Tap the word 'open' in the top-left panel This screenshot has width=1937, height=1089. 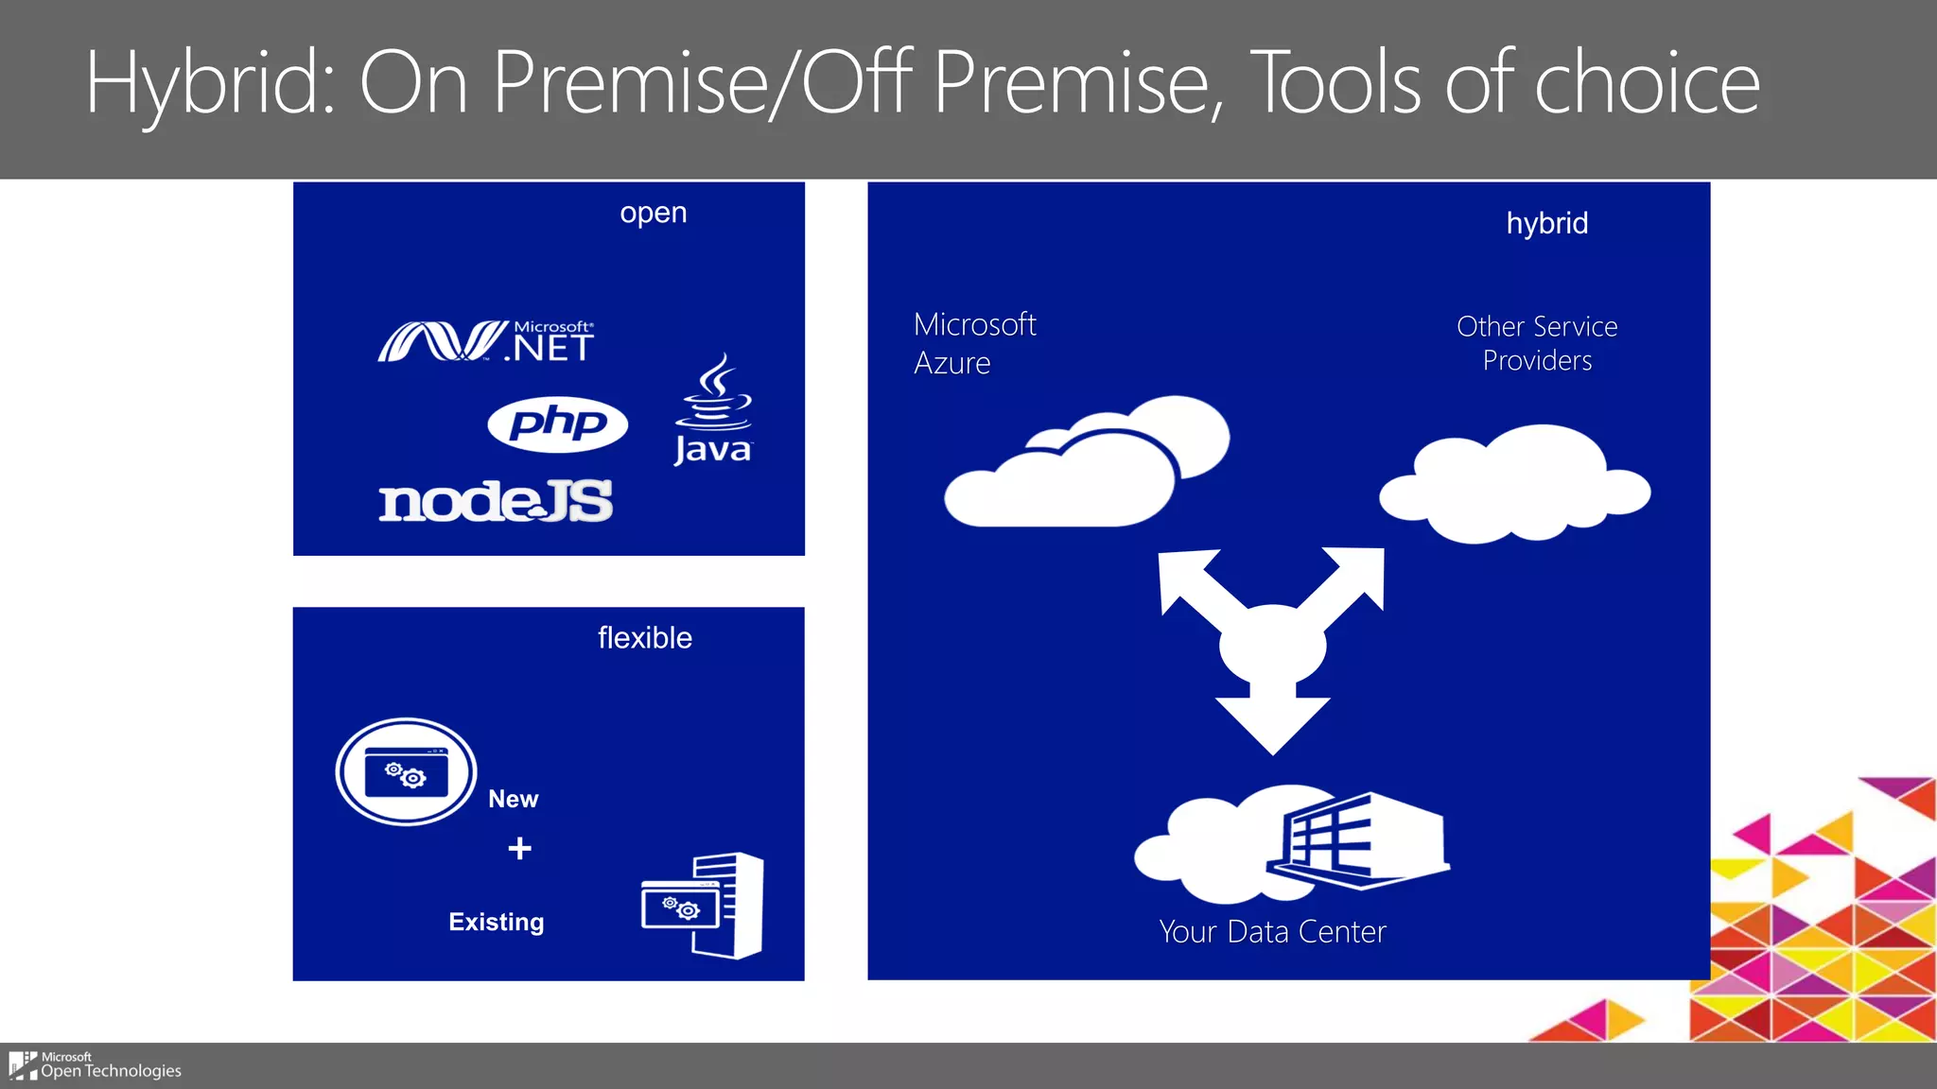[x=653, y=214]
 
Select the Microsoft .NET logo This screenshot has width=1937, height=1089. [x=486, y=341]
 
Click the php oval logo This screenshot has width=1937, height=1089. [x=557, y=423]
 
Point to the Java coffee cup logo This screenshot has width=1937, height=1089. [x=714, y=409]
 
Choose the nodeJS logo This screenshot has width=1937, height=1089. [x=496, y=501]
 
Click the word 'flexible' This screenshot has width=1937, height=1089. [x=644, y=638]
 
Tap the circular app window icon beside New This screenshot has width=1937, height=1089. [x=406, y=771]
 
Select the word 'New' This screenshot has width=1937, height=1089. [x=513, y=800]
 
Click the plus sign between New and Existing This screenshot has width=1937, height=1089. [x=519, y=848]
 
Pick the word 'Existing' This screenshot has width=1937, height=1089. [x=496, y=923]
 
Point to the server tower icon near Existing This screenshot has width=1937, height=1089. [x=728, y=905]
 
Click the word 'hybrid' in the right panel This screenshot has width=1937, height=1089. [x=1546, y=224]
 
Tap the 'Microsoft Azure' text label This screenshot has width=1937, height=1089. [x=974, y=343]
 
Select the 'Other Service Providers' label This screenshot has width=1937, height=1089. [x=1536, y=343]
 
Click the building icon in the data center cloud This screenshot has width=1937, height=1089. [x=1358, y=839]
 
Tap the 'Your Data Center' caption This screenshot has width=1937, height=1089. [x=1272, y=932]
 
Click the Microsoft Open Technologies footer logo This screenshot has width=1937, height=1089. [x=95, y=1065]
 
